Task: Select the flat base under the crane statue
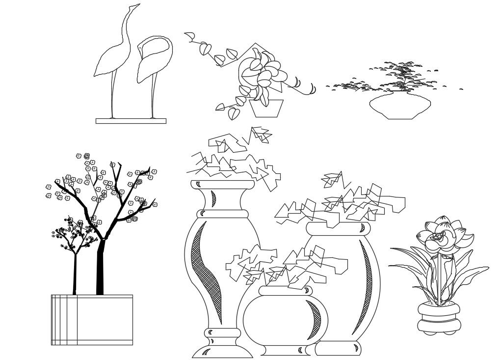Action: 131,121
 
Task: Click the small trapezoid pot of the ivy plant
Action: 266,109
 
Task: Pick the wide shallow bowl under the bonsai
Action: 400,107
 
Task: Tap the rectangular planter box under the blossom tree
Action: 92,320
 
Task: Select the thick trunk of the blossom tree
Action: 100,268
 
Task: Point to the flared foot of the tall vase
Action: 222,350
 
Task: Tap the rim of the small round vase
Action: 285,291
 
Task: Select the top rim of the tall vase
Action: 222,185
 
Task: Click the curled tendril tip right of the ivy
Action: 312,89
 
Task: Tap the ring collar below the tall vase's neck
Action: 223,214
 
